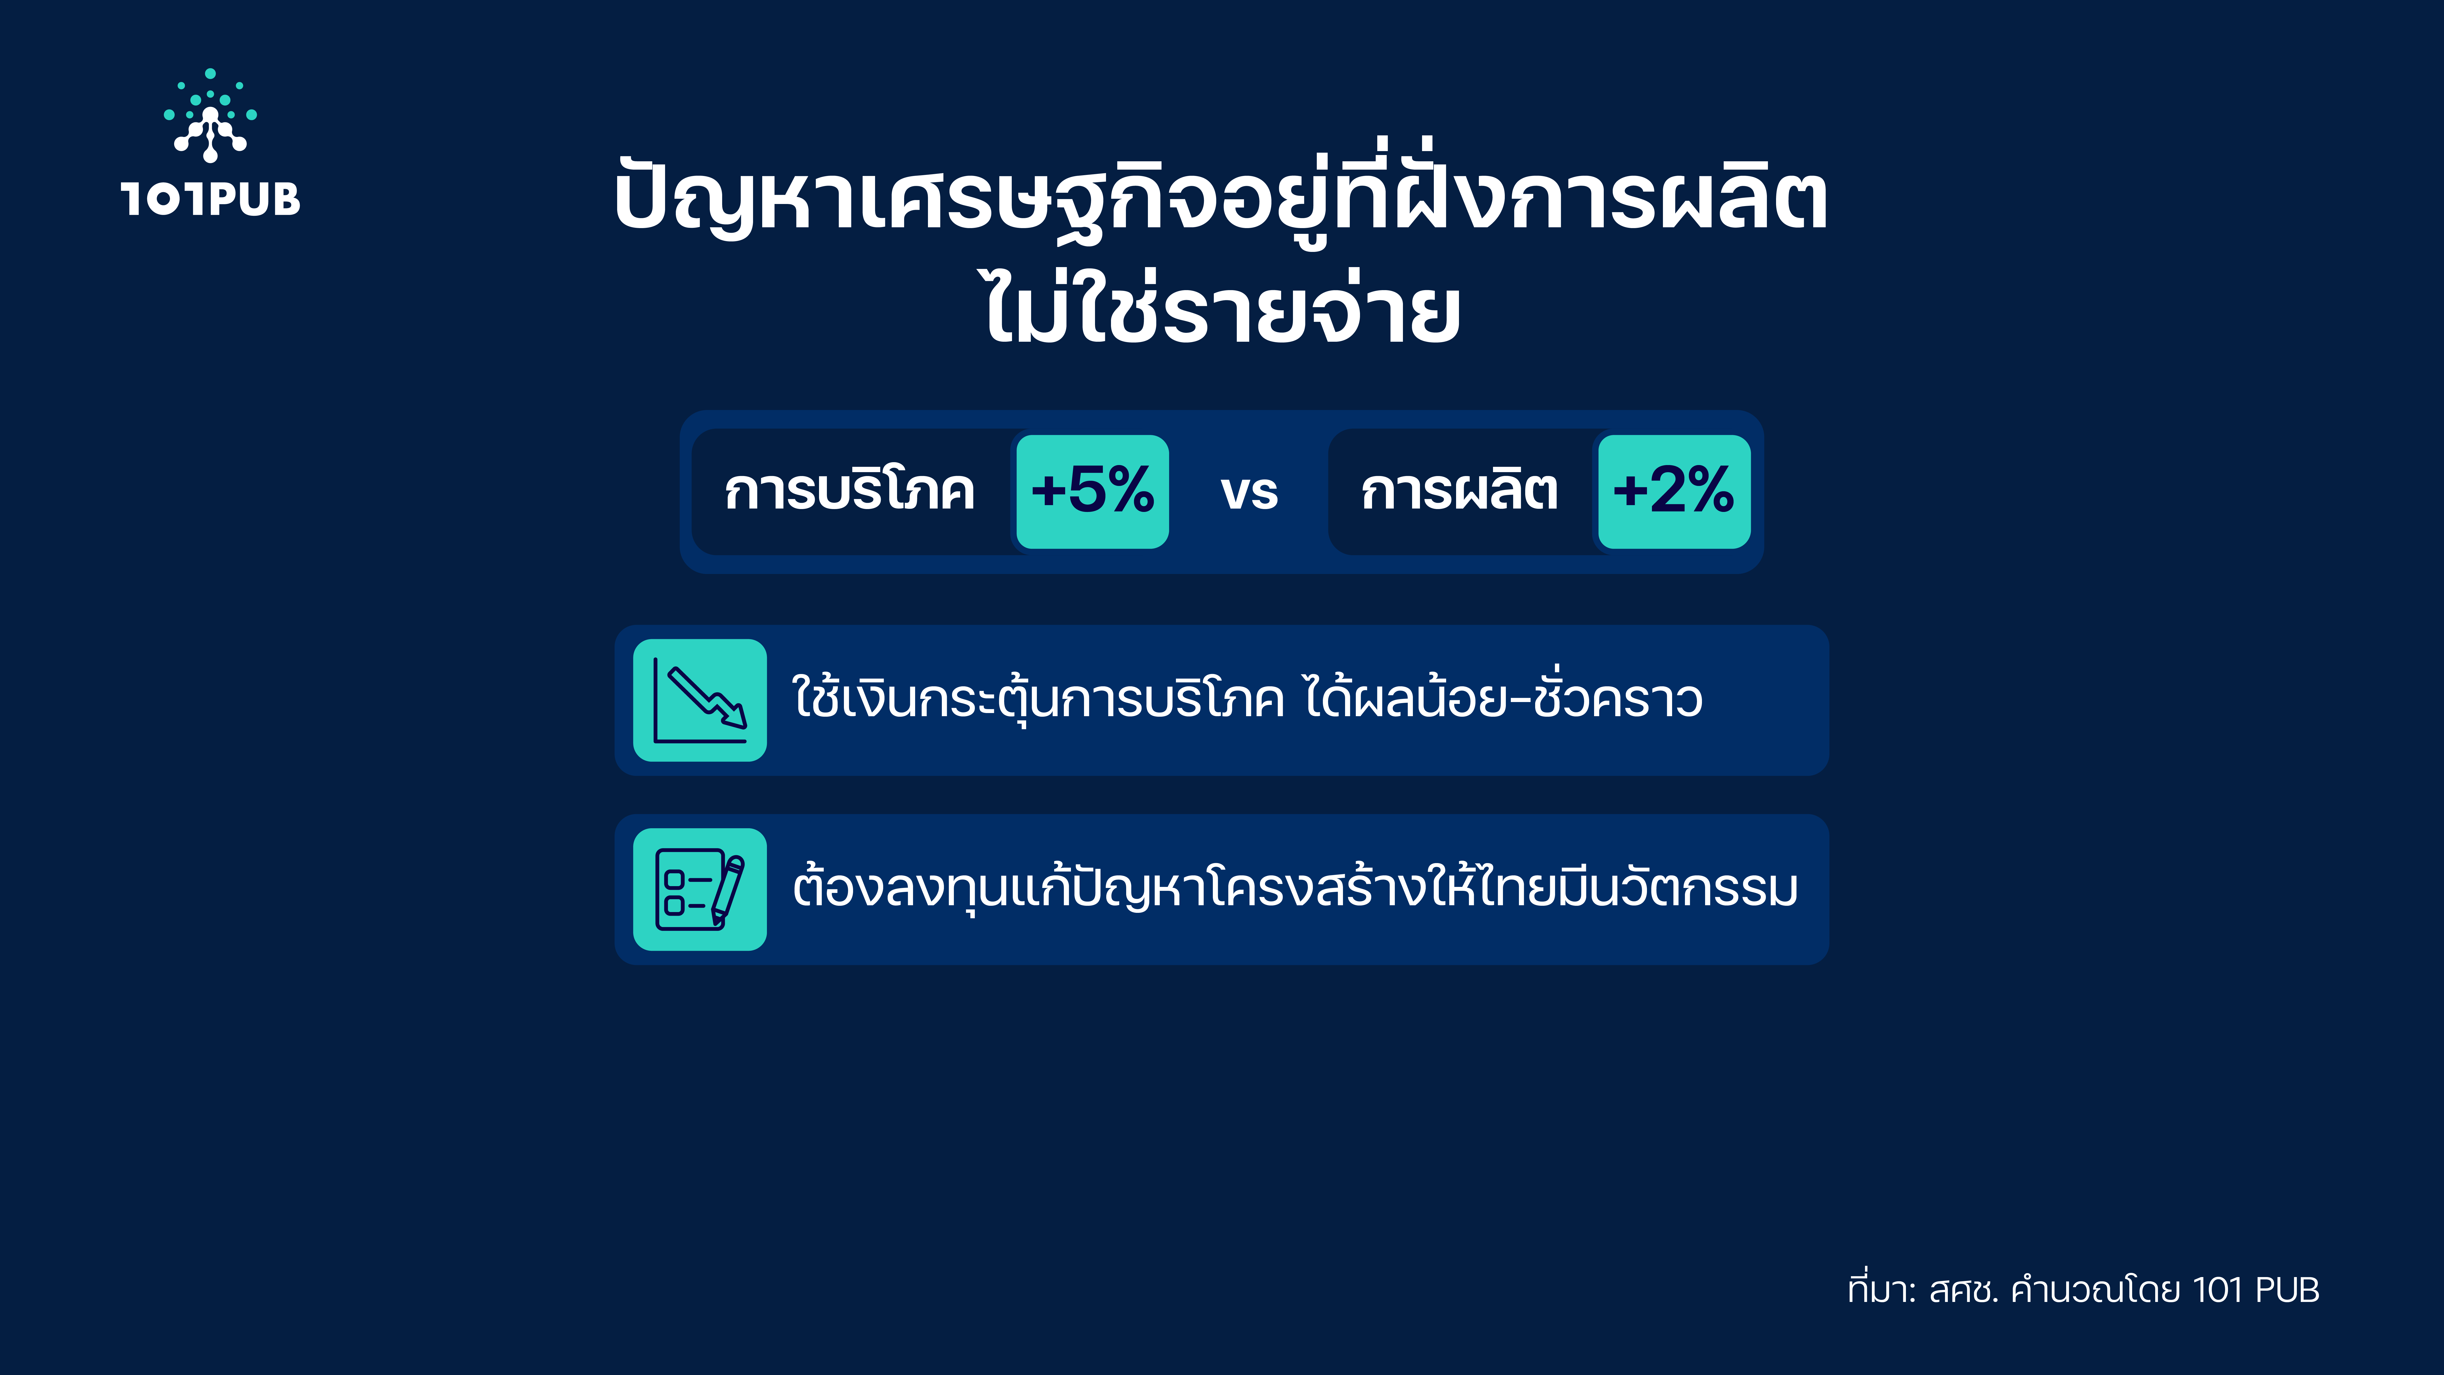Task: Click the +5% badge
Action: [x=1092, y=492]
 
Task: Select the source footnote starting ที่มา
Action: [x=2083, y=1290]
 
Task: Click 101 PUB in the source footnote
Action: [x=2256, y=1290]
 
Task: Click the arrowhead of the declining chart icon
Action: [x=733, y=714]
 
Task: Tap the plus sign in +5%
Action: [x=1048, y=492]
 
